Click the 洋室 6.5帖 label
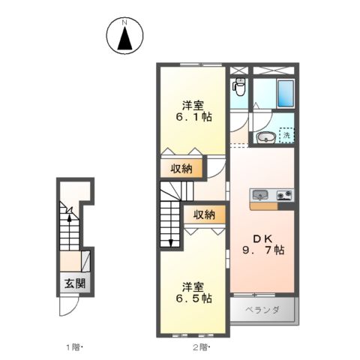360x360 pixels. [x=194, y=292]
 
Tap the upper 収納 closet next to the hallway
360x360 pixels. [x=180, y=168]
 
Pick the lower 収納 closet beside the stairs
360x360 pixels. [x=204, y=214]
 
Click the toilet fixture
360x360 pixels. [x=239, y=88]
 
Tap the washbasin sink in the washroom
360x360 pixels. [x=265, y=137]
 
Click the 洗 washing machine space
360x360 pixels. [x=286, y=136]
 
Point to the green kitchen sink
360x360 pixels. [x=259, y=196]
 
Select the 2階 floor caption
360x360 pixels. [x=200, y=347]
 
